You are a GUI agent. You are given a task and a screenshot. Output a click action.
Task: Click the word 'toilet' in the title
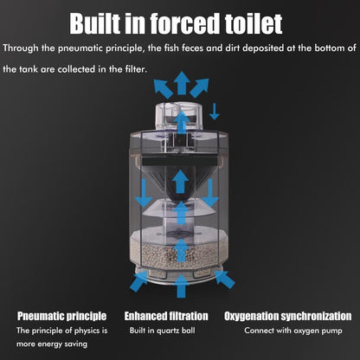(254, 23)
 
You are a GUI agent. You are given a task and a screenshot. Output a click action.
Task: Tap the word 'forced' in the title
(184, 23)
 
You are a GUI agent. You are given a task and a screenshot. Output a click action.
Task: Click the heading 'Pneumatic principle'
(61, 316)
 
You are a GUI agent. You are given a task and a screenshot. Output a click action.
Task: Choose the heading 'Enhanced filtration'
(166, 316)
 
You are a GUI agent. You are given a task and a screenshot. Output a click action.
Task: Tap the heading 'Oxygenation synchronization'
(288, 316)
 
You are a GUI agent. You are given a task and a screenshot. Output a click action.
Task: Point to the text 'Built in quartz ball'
(162, 331)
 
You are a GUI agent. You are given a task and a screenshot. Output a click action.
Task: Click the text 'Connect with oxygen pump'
(293, 331)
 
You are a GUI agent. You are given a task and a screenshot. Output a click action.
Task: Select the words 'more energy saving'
(52, 344)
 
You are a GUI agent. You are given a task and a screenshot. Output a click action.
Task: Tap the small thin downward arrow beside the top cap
(214, 112)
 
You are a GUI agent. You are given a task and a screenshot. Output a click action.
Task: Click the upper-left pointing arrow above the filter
(164, 88)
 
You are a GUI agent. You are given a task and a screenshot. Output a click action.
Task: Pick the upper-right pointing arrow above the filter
(199, 87)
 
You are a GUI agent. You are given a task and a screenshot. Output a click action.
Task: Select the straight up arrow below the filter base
(181, 286)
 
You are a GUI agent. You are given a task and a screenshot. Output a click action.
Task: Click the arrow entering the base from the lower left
(139, 281)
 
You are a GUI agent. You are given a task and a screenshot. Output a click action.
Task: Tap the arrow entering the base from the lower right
(224, 280)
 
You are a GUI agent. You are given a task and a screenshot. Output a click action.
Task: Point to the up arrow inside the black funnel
(181, 181)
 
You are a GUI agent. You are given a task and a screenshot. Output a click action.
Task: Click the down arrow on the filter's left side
(144, 193)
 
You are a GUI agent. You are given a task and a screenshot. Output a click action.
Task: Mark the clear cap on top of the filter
(180, 117)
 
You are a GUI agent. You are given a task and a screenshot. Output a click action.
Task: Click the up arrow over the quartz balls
(181, 250)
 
